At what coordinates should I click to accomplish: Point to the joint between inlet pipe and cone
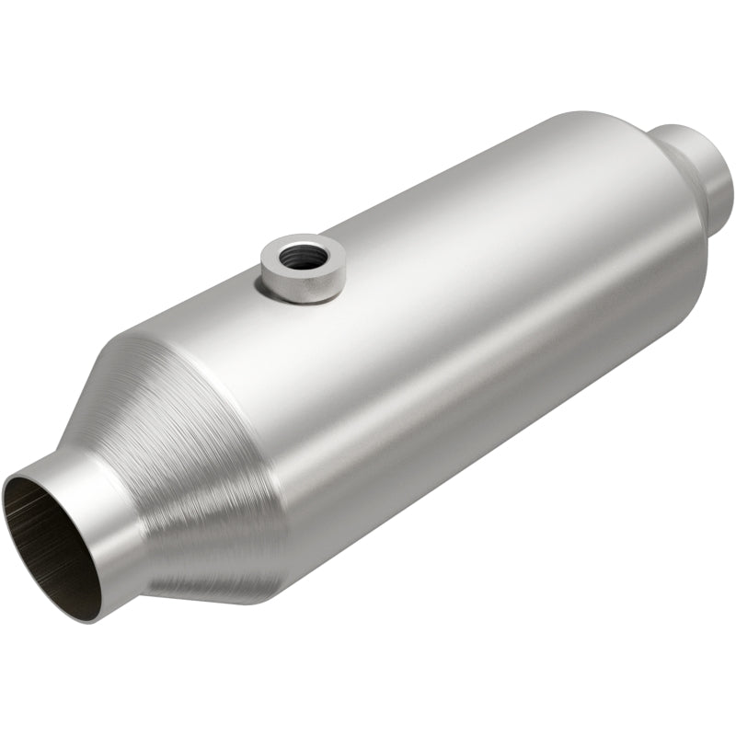coord(138,515)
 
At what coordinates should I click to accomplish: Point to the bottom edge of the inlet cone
coord(230,589)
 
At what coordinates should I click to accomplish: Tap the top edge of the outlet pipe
coord(690,128)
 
